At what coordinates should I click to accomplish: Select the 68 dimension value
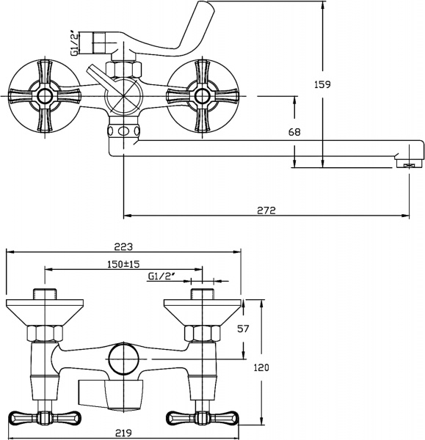tap(273, 133)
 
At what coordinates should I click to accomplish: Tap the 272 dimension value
tap(266, 210)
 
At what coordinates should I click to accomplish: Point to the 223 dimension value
tap(122, 247)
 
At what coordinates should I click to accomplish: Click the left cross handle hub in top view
tap(45, 95)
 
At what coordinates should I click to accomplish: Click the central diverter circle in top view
tap(122, 95)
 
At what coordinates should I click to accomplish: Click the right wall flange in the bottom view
tap(200, 308)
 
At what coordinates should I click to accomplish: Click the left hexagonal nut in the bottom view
tap(45, 334)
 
